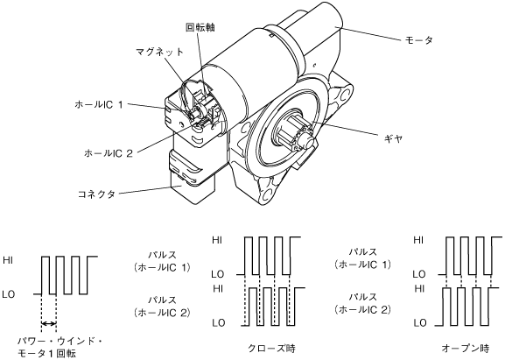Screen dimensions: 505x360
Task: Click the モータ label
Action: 418,40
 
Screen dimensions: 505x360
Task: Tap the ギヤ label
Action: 393,139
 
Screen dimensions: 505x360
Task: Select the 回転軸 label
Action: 200,27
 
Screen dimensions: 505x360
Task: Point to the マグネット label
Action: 159,52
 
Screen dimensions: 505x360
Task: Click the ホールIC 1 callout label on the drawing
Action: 99,104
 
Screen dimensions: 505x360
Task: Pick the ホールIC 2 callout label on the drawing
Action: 109,153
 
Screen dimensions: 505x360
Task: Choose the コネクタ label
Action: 96,194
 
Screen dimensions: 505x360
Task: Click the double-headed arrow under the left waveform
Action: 49,323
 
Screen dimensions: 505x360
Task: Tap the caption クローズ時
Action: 271,348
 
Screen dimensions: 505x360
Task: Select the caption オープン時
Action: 466,348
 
